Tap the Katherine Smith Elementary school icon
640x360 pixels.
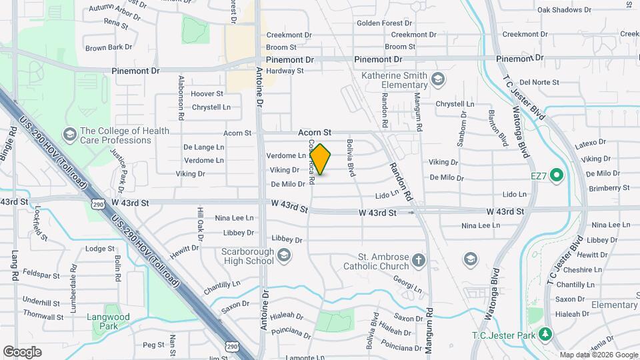pos(438,81)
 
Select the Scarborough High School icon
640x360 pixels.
pos(285,256)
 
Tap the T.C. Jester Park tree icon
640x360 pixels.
pos(545,333)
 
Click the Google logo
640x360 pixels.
pos(22,352)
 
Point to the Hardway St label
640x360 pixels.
pos(285,71)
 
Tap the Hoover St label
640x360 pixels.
pos(207,94)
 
